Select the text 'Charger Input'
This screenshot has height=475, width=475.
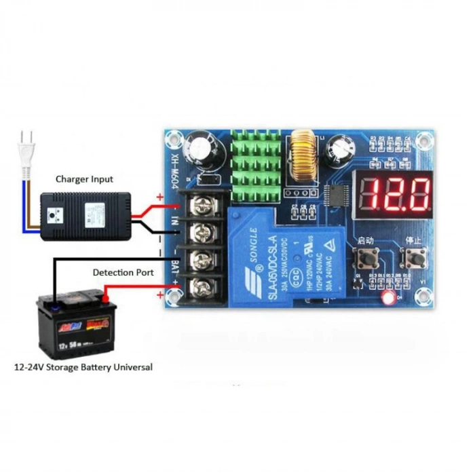(84, 179)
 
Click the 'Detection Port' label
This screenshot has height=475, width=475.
(123, 272)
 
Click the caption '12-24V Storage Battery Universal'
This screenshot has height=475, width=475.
(83, 367)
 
